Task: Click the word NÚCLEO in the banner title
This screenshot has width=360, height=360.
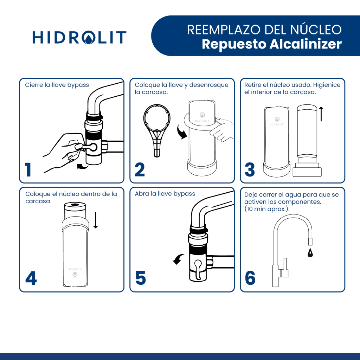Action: click(316, 30)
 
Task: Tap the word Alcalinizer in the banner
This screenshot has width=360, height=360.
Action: click(306, 44)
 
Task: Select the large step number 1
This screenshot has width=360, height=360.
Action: click(28, 169)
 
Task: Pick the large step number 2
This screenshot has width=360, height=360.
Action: click(140, 169)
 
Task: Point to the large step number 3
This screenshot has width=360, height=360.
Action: click(250, 169)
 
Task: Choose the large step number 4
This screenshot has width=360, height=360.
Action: click(31, 278)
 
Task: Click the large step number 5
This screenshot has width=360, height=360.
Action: click(141, 278)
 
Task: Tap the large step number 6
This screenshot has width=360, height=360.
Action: click(250, 278)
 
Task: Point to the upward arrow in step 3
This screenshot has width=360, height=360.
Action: click(321, 114)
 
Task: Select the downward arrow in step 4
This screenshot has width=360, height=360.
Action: click(96, 220)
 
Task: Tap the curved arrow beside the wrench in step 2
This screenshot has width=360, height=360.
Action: click(181, 132)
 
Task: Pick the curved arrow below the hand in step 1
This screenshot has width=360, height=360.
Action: click(82, 166)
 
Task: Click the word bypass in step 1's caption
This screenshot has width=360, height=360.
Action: click(78, 85)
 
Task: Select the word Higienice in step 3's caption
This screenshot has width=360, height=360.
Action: click(327, 85)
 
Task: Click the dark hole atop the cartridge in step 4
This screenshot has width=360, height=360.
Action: click(75, 204)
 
